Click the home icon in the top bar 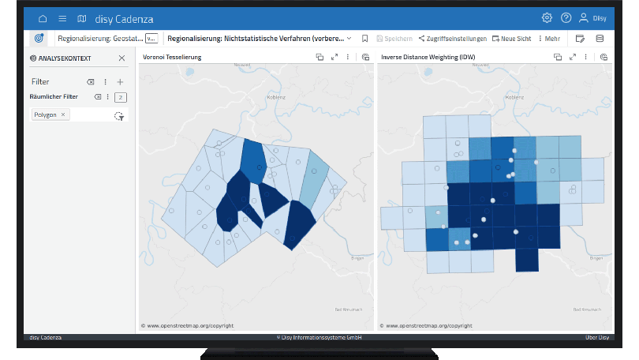43,18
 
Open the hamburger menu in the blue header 62,18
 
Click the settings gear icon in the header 547,18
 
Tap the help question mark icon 566,18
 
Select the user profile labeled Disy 592,18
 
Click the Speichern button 394,38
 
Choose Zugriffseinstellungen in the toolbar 453,38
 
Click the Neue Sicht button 511,38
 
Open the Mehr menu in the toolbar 549,38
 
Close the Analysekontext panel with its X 121,58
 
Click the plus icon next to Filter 120,81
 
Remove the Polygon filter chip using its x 63,114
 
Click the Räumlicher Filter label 54,96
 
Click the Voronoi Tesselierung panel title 172,58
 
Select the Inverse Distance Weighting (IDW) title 428,58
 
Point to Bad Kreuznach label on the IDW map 589,308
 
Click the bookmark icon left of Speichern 364,38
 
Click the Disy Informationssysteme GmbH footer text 319,337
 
